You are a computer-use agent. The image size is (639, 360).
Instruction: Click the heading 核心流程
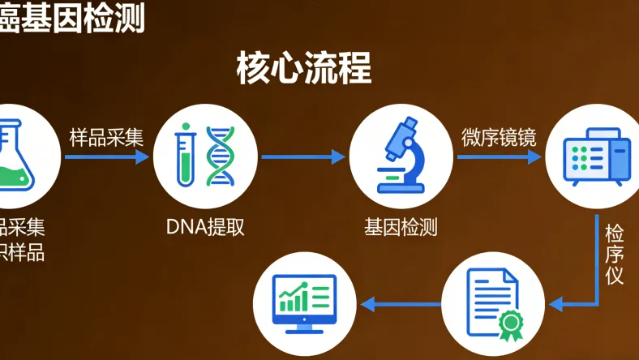pyautogui.click(x=304, y=68)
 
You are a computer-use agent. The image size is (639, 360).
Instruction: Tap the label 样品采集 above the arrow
pyautogui.click(x=106, y=137)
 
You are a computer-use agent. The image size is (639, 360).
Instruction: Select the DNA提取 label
pyautogui.click(x=205, y=227)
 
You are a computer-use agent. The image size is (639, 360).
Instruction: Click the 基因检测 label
pyautogui.click(x=401, y=227)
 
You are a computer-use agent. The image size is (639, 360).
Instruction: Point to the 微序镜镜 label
pyautogui.click(x=499, y=137)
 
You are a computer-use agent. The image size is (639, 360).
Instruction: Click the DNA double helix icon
pyautogui.click(x=220, y=156)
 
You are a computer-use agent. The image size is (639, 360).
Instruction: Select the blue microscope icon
pyautogui.click(x=400, y=155)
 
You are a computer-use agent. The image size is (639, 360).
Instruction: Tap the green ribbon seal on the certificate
pyautogui.click(x=511, y=324)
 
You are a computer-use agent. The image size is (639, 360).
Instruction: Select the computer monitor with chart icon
pyautogui.click(x=306, y=303)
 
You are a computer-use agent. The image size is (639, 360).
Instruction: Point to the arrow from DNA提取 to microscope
pyautogui.click(x=303, y=156)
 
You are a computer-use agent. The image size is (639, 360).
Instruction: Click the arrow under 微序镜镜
pyautogui.click(x=499, y=156)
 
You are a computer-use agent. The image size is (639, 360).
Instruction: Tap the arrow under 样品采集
pyautogui.click(x=106, y=156)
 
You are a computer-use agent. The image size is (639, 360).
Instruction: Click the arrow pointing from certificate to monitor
pyautogui.click(x=401, y=304)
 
